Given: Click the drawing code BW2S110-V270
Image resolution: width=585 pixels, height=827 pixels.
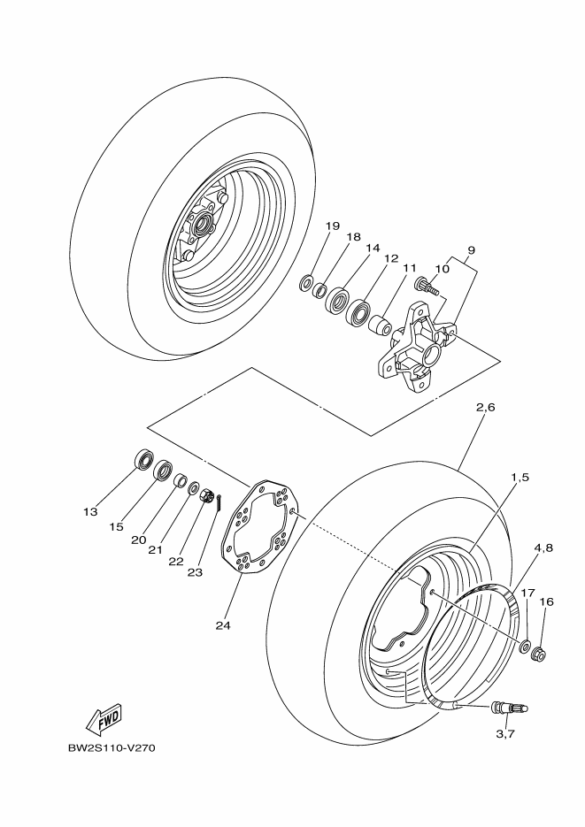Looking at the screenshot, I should coord(112,747).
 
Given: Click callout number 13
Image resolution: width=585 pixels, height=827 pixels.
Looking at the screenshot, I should coord(89,511).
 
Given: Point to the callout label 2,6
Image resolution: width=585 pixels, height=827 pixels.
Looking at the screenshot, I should coord(486,408).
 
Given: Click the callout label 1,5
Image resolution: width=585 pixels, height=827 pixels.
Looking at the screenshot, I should coord(520,477).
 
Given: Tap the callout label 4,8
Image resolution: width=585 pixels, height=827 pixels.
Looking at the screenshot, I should coord(544,548).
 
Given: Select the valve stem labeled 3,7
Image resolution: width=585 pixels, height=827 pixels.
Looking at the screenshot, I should coord(508,706).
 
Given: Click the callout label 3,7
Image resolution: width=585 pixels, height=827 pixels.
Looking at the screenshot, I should coord(506,733).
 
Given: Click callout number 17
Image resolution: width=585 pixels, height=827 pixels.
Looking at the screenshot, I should coord(527,593).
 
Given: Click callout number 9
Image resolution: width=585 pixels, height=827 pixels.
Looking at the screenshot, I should coord(471,249).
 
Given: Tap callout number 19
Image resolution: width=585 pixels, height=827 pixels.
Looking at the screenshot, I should coord(332,226).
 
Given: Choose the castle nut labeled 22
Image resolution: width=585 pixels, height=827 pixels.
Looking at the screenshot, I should coord(206,498).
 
